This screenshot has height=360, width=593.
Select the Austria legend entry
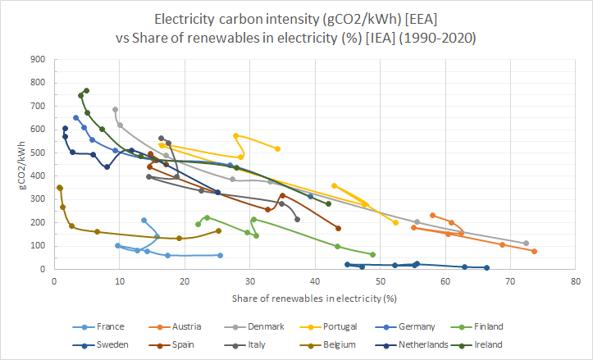coord(186,326)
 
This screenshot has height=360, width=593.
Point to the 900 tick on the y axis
coord(38,59)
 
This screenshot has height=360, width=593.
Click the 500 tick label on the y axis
coord(38,153)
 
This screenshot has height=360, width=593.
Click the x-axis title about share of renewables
coord(315,298)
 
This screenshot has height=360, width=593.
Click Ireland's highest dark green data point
coord(86,90)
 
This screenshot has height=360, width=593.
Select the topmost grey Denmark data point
coord(115,109)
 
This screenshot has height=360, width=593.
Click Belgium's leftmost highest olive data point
coord(60,188)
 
